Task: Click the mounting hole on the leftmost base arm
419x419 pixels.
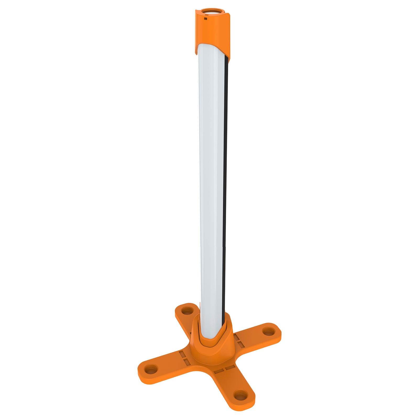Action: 151,370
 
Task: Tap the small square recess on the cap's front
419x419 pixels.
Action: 206,18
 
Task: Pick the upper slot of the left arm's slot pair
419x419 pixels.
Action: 182,354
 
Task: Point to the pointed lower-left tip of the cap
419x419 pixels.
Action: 196,53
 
